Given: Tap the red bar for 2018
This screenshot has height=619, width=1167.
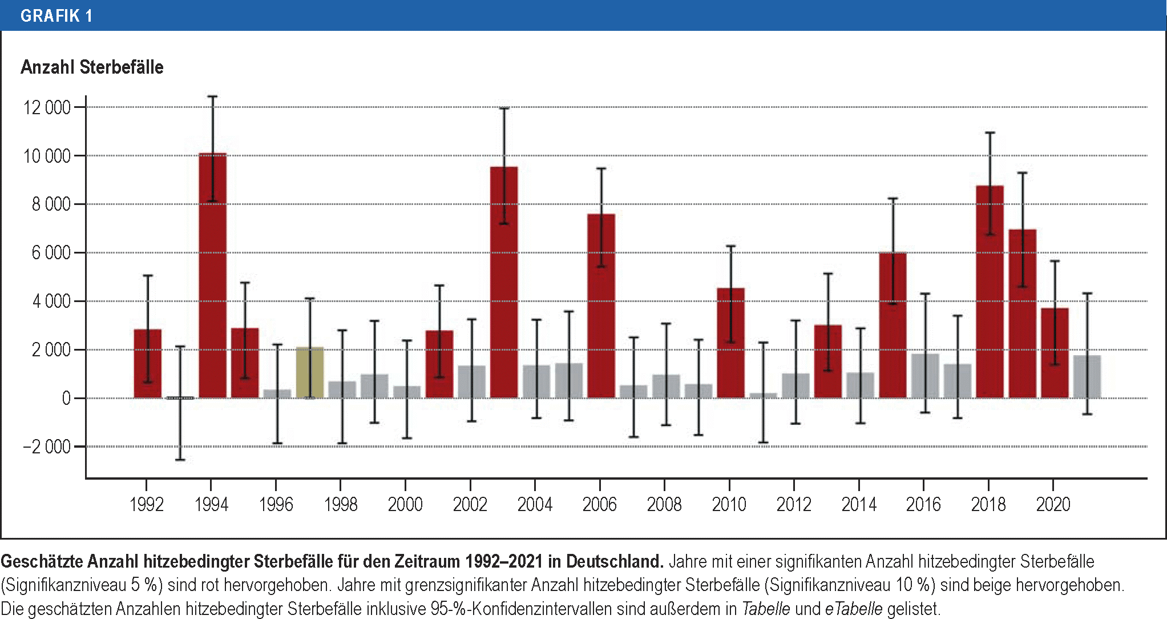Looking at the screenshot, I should click(x=990, y=291).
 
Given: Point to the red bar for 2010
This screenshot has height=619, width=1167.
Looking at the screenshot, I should click(x=730, y=343).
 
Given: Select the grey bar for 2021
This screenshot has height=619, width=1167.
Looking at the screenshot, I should click(x=1087, y=376).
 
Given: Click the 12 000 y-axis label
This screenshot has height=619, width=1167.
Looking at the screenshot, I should click(x=47, y=107).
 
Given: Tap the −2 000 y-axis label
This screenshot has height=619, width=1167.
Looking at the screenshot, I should click(x=47, y=447).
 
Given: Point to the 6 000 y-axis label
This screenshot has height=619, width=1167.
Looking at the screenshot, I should click(x=51, y=252).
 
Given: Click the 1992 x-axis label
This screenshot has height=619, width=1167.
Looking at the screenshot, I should click(x=147, y=504).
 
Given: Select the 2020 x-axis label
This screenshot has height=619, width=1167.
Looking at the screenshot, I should click(x=1053, y=504).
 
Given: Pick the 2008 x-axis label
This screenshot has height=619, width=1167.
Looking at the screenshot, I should click(x=664, y=504).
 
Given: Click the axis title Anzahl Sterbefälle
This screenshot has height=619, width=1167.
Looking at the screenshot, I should click(x=92, y=67).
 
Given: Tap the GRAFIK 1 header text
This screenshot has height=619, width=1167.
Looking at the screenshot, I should click(x=56, y=15).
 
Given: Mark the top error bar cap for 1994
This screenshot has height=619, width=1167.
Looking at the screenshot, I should click(x=212, y=97).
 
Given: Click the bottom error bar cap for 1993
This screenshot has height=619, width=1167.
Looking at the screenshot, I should click(x=180, y=460).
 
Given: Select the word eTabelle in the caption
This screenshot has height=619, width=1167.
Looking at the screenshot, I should click(x=853, y=609).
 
